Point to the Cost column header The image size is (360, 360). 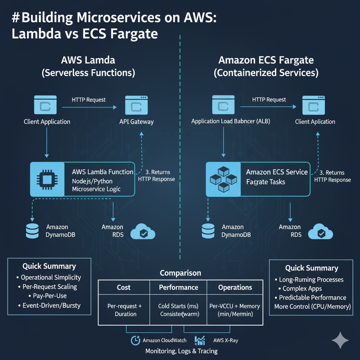123,288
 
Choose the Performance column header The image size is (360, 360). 179,288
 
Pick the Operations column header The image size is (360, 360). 235,288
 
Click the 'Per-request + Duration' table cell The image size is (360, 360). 124,310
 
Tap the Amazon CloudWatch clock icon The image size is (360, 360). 135,340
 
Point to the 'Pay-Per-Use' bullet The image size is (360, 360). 49,296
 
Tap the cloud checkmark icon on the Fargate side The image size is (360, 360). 321,232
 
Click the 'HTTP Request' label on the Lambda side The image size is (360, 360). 89,100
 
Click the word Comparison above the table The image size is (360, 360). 180,273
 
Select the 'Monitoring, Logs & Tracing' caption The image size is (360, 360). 181,351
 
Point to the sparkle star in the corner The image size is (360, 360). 340,340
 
